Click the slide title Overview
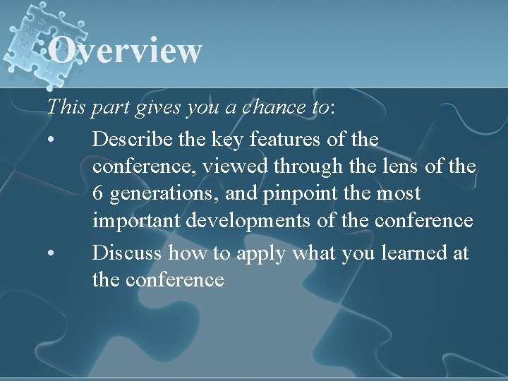coord(126,51)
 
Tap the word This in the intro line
coord(66,107)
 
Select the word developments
coord(250,222)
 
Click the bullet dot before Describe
coord(51,140)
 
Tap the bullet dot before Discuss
coord(51,253)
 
